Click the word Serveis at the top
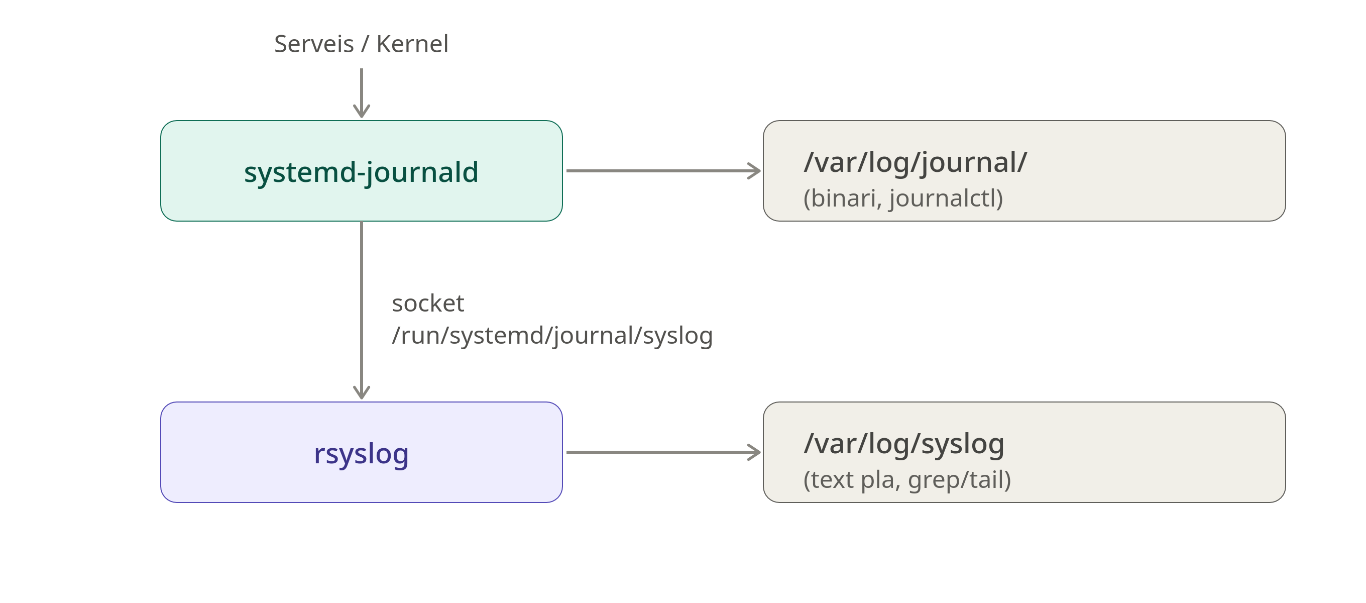tap(314, 44)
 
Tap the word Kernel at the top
tap(412, 44)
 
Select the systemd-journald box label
tap(361, 172)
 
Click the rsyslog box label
tap(361, 454)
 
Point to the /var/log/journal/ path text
tap(915, 162)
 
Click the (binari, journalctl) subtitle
tap(903, 198)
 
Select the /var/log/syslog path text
tap(904, 444)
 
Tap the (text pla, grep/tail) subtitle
tap(907, 480)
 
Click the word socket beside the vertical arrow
tap(428, 304)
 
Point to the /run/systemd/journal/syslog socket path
tap(552, 336)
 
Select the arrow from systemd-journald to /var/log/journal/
tap(664, 171)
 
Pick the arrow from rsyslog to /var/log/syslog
tap(664, 452)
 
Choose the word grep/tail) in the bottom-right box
tap(959, 480)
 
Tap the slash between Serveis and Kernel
tap(365, 44)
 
